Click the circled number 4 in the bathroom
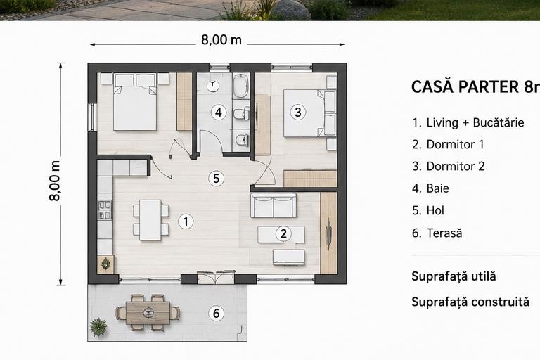[219, 112]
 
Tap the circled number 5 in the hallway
[217, 179]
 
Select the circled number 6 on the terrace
[217, 313]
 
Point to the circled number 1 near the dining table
[186, 221]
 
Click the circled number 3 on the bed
[298, 112]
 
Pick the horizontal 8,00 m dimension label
[221, 40]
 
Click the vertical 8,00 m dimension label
[55, 181]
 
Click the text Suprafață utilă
[454, 276]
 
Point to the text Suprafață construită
[470, 302]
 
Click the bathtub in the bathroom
[240, 86]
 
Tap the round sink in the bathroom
[213, 85]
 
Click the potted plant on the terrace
[98, 326]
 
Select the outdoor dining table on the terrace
[148, 313]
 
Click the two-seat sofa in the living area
[274, 205]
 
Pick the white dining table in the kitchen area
[150, 220]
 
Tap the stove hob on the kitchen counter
[105, 210]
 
